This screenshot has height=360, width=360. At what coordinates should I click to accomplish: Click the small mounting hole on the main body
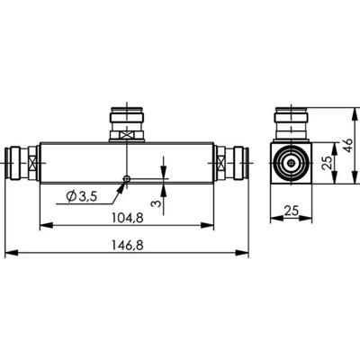128,178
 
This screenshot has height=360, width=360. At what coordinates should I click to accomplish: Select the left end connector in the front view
22,164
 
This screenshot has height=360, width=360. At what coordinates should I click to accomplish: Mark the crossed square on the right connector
218,164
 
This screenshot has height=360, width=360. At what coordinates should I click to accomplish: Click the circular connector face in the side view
292,166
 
